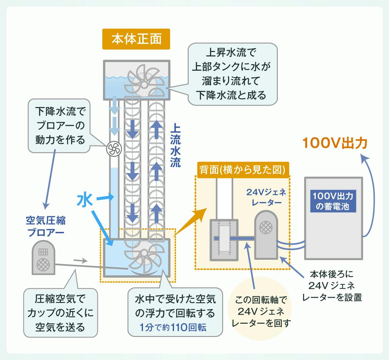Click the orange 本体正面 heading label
coord(136,39)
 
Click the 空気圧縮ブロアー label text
coord(45,226)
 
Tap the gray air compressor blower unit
coord(43,258)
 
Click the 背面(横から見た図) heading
coord(242,170)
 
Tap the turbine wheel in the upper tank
coord(144,81)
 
